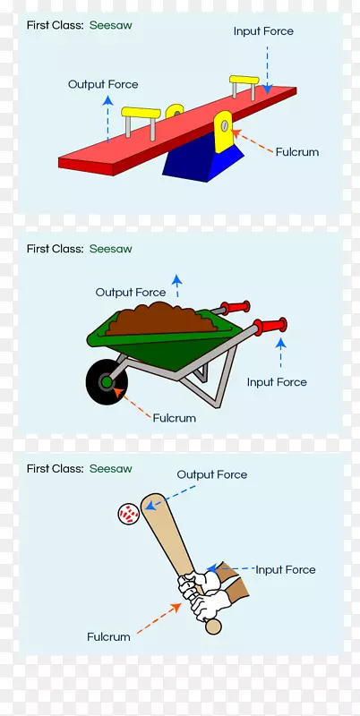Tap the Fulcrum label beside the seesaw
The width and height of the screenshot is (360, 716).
coord(297,152)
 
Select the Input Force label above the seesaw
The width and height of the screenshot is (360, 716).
coord(263,31)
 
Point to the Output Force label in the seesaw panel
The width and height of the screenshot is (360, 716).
coord(103,84)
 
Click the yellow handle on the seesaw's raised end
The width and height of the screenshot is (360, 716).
coord(244,81)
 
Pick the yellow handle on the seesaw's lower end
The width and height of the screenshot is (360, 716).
coord(141,114)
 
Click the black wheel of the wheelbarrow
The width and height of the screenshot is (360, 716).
coord(106,382)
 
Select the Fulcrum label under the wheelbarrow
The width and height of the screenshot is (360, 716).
coord(174,418)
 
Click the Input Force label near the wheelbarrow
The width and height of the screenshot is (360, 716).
coord(277,382)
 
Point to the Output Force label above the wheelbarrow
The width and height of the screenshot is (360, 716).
coord(131,293)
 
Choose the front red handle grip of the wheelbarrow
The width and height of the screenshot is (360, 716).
coord(270,326)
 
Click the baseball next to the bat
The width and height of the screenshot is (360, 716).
coord(128,514)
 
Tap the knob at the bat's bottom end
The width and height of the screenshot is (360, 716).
coord(213,626)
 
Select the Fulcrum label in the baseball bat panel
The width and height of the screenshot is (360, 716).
coord(108,637)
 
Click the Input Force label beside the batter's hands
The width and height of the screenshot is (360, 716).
coord(286,570)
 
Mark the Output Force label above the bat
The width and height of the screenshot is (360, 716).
coord(212,475)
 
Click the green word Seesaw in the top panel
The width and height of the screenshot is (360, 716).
coord(110,26)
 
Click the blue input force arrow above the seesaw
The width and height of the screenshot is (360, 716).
coord(267,70)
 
